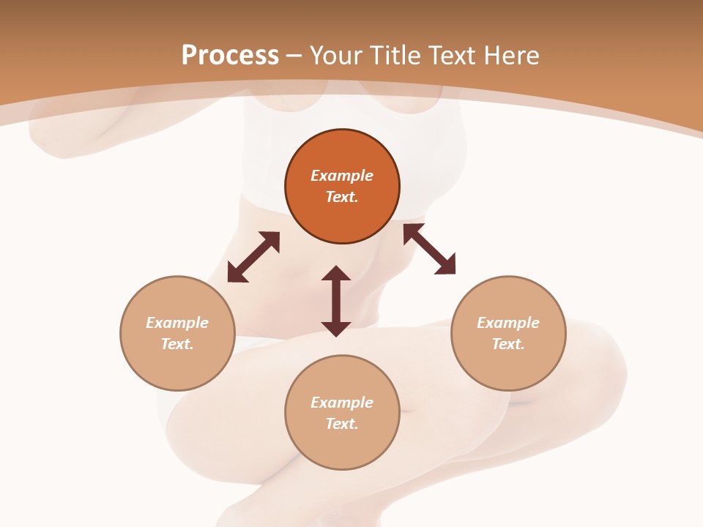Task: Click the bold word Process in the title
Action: (x=230, y=56)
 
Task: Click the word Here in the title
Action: (x=513, y=56)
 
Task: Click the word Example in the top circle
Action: (x=342, y=176)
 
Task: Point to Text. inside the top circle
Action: (x=342, y=197)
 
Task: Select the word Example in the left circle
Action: (x=177, y=323)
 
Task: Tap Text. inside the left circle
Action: (x=177, y=344)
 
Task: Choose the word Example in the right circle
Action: (x=508, y=323)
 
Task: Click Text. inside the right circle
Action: (x=508, y=344)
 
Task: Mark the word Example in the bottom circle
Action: (x=342, y=403)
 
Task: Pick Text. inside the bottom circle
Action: (x=342, y=424)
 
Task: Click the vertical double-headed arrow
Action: (x=336, y=301)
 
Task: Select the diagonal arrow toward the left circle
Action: (x=253, y=257)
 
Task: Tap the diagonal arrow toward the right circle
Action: (x=429, y=250)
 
